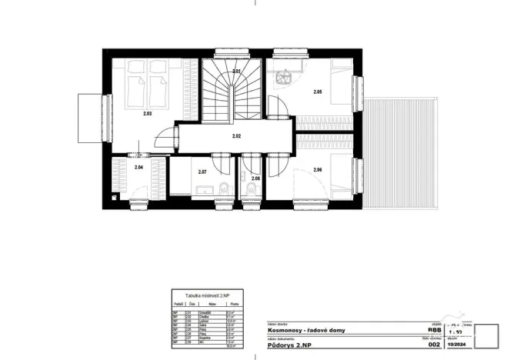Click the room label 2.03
pyautogui.click(x=147, y=113)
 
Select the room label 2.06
pyautogui.click(x=317, y=169)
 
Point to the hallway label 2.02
pyautogui.click(x=237, y=136)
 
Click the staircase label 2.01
pyautogui.click(x=237, y=72)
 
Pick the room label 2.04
pyautogui.click(x=138, y=167)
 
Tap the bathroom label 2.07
pyautogui.click(x=202, y=172)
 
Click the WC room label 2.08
pyautogui.click(x=255, y=178)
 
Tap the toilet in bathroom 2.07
pyautogui.click(x=222, y=190)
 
